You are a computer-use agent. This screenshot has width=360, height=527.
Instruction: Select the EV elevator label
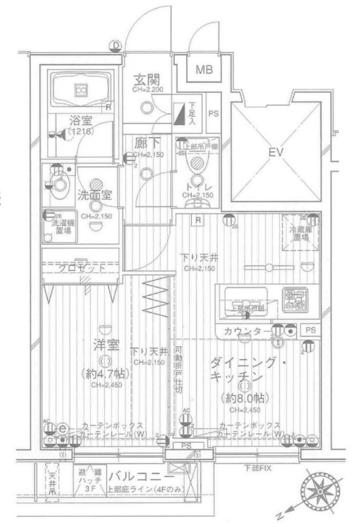(x=276, y=153)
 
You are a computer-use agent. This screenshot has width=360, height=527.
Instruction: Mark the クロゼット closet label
(x=82, y=267)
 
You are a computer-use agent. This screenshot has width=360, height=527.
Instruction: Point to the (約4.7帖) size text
(x=105, y=374)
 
